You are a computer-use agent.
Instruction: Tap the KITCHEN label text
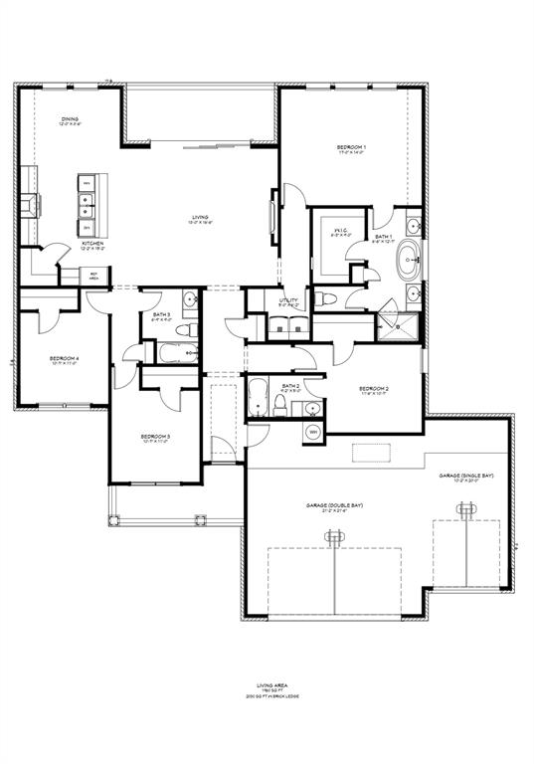[92, 245]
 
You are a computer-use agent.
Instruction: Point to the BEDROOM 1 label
[351, 150]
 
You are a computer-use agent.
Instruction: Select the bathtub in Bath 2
[256, 398]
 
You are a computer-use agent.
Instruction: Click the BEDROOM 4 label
[64, 360]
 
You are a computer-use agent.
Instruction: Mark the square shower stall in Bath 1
[402, 324]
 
